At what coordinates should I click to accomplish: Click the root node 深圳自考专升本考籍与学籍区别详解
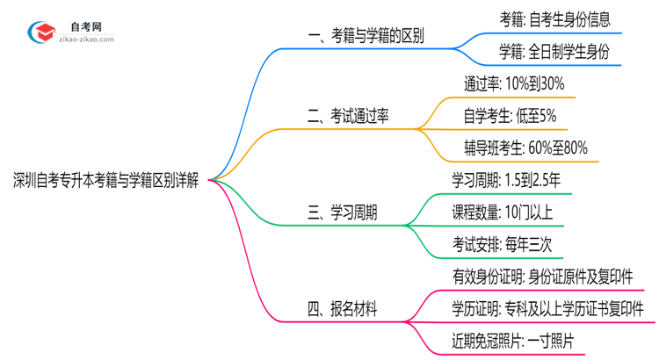(x=105, y=181)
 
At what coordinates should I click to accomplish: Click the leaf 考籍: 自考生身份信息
(x=554, y=20)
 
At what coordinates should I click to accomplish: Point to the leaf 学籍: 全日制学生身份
(x=554, y=53)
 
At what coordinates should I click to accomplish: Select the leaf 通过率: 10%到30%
(x=513, y=85)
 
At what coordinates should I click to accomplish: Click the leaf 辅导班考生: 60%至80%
(x=525, y=148)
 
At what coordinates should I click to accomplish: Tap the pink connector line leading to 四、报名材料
(x=255, y=263)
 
